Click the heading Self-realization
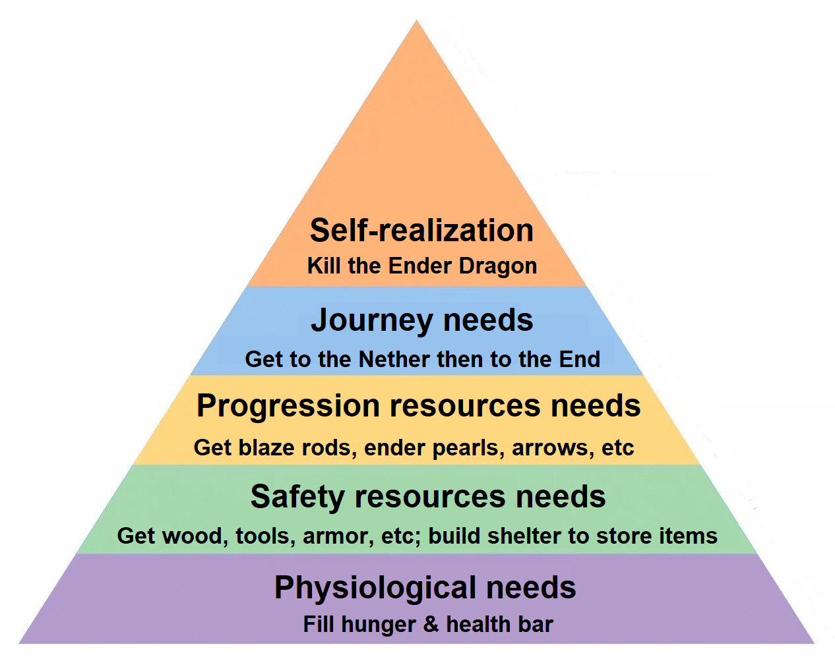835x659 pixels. (421, 230)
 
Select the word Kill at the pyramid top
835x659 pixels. (324, 266)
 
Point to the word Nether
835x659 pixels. (394, 359)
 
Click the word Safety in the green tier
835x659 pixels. (297, 498)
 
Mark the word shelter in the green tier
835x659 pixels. (524, 536)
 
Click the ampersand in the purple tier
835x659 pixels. (431, 625)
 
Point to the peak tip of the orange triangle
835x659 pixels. (416, 20)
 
